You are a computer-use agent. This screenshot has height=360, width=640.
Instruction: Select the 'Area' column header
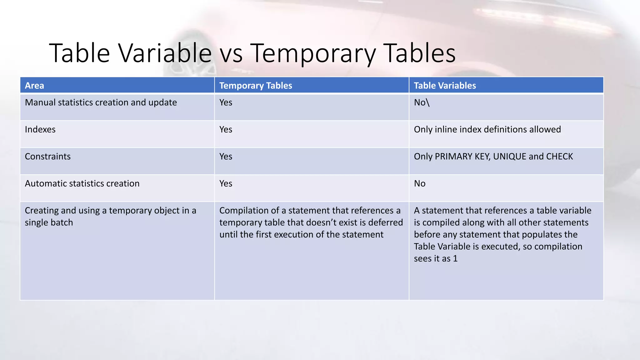pyautogui.click(x=34, y=86)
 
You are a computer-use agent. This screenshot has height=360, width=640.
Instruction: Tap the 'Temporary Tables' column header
pyautogui.click(x=255, y=86)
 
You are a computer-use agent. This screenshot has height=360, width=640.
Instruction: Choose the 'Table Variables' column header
pyautogui.click(x=445, y=86)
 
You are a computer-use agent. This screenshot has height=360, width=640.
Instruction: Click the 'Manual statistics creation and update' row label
pyautogui.click(x=101, y=102)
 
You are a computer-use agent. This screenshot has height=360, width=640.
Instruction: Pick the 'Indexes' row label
pyautogui.click(x=40, y=129)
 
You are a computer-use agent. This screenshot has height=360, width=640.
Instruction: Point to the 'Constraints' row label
pyautogui.click(x=47, y=157)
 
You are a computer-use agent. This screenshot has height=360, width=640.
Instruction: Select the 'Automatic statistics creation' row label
pyautogui.click(x=82, y=183)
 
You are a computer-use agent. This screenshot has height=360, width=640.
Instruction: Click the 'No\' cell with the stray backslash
pyautogui.click(x=422, y=102)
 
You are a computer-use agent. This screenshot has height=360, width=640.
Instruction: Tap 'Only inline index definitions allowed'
pyautogui.click(x=487, y=129)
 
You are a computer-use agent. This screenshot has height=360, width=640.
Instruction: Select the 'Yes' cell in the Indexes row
pyautogui.click(x=226, y=129)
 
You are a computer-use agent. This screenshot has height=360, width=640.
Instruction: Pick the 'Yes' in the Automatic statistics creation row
pyautogui.click(x=226, y=183)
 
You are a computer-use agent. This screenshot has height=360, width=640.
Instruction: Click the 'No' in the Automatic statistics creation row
pyautogui.click(x=419, y=183)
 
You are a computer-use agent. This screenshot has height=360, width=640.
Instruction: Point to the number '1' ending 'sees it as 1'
pyautogui.click(x=455, y=259)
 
